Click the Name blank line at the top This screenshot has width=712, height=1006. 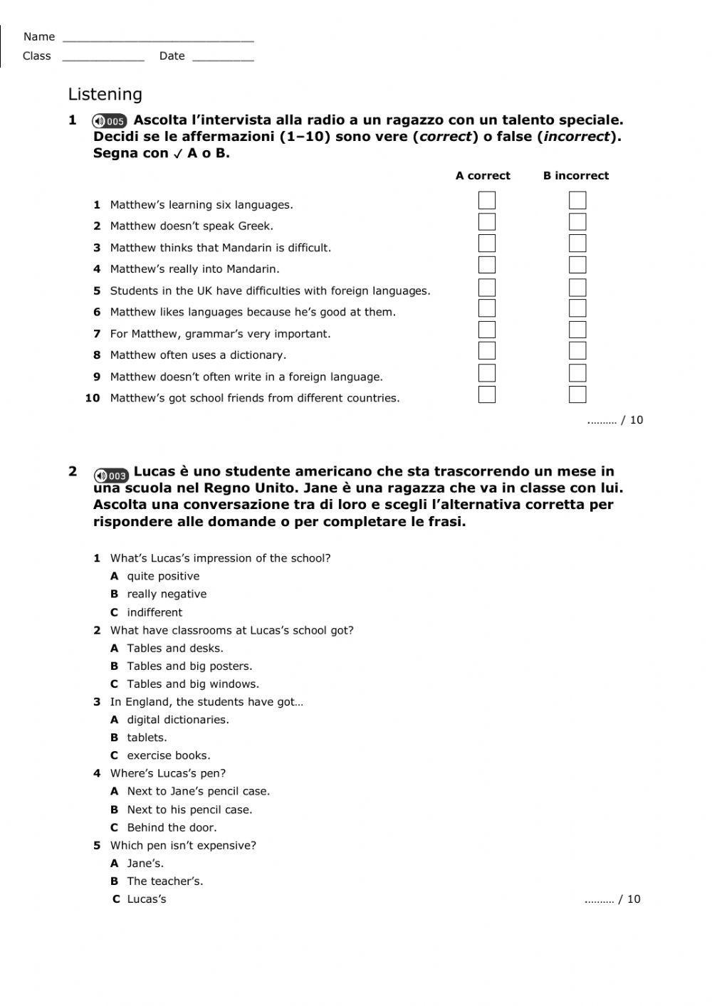[157, 37]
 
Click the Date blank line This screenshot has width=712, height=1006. [222, 56]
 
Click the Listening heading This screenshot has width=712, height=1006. [105, 95]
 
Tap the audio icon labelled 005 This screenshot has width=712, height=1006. [110, 121]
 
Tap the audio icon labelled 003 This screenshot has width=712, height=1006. [111, 475]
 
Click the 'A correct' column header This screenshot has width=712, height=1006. [483, 176]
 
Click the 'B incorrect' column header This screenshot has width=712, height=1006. [575, 176]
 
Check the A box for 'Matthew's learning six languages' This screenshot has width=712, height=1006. [487, 201]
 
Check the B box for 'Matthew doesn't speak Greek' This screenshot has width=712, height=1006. [577, 222]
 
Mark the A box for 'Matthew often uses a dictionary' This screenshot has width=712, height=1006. [487, 351]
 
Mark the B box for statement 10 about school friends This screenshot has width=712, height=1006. [577, 394]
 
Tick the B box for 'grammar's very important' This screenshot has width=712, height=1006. [577, 330]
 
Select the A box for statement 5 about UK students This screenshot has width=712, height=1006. [487, 288]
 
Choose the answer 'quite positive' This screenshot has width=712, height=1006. [163, 576]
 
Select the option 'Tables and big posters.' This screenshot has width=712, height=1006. [189, 666]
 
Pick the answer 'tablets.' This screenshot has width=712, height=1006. [147, 738]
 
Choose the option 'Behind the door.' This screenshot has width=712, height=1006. [172, 827]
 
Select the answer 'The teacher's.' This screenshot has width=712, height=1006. [164, 881]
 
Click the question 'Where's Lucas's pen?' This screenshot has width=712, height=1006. [167, 773]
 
